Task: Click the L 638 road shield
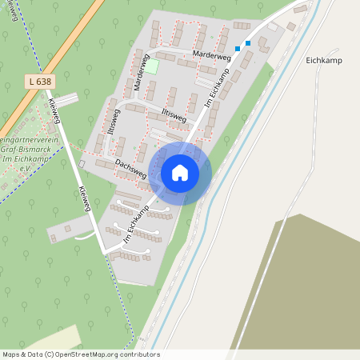[x=37, y=82]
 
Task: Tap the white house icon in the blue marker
[x=180, y=173]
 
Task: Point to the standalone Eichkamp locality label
[x=324, y=60]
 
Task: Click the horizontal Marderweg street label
[x=211, y=55]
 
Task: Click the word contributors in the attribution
[x=139, y=354]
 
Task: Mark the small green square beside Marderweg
[x=151, y=66]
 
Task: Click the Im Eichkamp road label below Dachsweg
[x=138, y=225]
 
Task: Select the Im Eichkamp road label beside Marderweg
[x=218, y=88]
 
